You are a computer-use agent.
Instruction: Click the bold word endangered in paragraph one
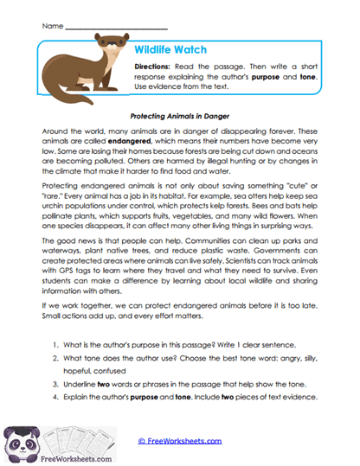(x=121, y=137)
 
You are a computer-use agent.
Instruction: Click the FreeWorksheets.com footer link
(x=179, y=441)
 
